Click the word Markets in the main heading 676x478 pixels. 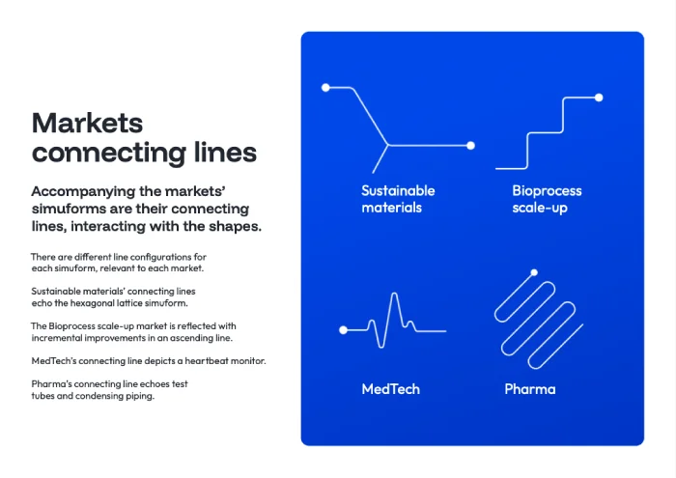click(87, 123)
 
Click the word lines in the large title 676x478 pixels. click(225, 153)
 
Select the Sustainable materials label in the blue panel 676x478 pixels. click(398, 199)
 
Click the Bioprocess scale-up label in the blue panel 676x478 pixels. click(547, 199)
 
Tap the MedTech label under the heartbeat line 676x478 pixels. click(390, 389)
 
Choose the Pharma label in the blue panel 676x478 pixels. click(530, 389)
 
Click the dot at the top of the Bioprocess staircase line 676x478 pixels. click(599, 98)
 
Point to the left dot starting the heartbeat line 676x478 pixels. click(343, 330)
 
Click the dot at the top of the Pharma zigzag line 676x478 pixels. click(534, 272)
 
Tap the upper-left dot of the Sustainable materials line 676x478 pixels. click(325, 88)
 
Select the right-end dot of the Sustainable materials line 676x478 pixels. click(471, 146)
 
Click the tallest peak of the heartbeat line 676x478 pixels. click(394, 294)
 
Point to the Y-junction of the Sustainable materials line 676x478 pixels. click(388, 145)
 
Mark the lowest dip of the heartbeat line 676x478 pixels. click(380, 346)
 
